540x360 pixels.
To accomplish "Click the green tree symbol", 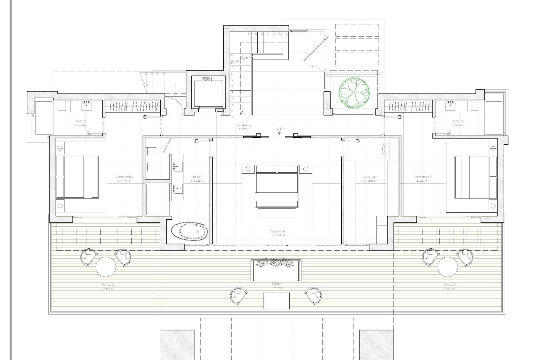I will (354, 93).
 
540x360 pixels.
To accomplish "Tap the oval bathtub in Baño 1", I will (189, 231).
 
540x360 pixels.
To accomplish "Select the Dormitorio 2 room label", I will (124, 177).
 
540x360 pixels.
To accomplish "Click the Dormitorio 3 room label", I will (423, 177).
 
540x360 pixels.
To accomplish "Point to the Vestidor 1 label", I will (370, 177).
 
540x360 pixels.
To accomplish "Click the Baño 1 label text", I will (197, 177).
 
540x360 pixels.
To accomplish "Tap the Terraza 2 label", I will (107, 285).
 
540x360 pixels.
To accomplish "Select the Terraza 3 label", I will (449, 285).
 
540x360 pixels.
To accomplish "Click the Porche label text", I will (277, 284).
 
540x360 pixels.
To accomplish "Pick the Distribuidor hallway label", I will (244, 125).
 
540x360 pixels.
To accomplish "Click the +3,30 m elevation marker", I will (279, 129).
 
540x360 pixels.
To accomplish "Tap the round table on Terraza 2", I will (105, 267).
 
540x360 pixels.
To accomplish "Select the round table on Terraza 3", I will (447, 267).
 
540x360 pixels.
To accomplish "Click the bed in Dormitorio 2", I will (77, 177).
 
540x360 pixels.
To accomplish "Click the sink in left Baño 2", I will (86, 106).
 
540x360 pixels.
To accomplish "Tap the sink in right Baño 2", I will (451, 106).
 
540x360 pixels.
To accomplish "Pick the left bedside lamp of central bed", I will (248, 169).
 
